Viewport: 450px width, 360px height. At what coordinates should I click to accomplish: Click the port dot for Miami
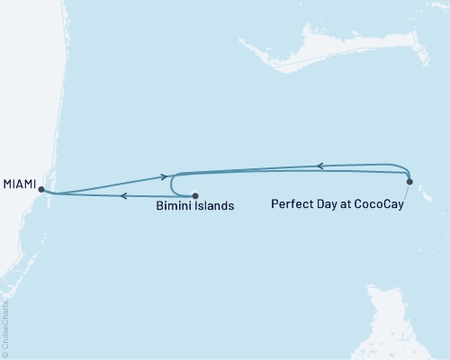point(40,189)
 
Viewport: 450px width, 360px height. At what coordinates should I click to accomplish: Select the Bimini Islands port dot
point(194,195)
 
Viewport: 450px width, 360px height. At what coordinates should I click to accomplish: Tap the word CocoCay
point(378,204)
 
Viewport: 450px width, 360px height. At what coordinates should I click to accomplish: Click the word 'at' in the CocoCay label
point(346,204)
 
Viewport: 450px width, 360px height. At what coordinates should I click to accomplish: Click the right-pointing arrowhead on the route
point(165,177)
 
